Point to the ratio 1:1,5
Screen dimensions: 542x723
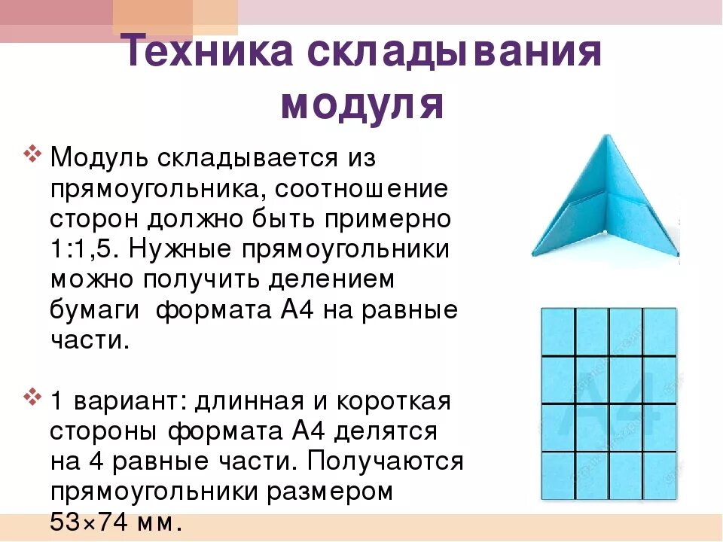click(x=87, y=249)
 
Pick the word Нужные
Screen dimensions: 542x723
click(x=203, y=249)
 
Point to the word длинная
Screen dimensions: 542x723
click(x=257, y=400)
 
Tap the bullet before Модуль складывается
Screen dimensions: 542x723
click(x=32, y=157)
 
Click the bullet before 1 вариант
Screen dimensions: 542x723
click(x=32, y=395)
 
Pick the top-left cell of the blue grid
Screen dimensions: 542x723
click(x=558, y=331)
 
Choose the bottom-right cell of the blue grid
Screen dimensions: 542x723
click(x=660, y=476)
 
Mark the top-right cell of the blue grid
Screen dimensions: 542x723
click(x=660, y=331)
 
